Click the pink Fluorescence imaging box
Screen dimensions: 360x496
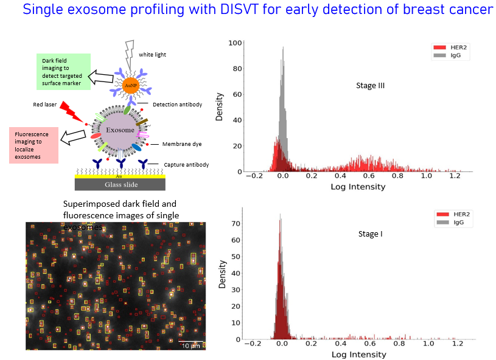click(33, 145)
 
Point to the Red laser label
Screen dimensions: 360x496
click(45, 105)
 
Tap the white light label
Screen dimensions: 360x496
click(152, 55)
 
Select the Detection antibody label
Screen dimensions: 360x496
click(178, 105)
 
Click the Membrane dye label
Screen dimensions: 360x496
click(182, 144)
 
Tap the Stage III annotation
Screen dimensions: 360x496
click(370, 86)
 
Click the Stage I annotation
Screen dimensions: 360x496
click(369, 234)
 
